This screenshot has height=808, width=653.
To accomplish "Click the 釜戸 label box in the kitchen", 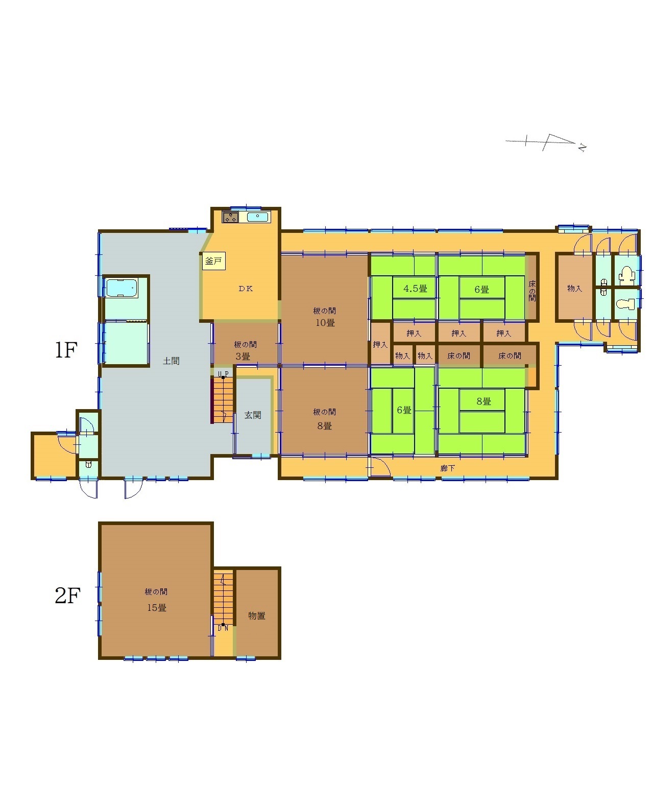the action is (x=213, y=261).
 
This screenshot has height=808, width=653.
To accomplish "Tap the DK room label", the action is (x=246, y=289).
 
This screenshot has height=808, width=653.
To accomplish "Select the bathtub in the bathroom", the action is (x=122, y=288).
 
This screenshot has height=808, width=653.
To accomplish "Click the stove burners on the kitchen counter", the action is (x=230, y=218).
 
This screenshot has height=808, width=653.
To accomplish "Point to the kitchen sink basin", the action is (x=258, y=218).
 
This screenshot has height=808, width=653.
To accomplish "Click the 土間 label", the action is (x=171, y=361).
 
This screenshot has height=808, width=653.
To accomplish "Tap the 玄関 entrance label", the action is (x=253, y=415).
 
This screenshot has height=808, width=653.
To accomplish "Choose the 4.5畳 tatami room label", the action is (x=415, y=289).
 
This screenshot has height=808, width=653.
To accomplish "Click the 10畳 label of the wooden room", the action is (x=325, y=323).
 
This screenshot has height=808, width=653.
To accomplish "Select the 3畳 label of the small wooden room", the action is (x=243, y=356).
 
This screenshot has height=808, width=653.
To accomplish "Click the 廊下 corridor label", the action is (x=447, y=468).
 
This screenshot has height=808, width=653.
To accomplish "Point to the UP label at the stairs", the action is (x=223, y=374).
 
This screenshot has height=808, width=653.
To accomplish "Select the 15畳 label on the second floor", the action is (x=157, y=608).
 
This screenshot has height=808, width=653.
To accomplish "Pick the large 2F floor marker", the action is (x=67, y=595).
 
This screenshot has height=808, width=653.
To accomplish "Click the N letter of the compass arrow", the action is (x=582, y=147).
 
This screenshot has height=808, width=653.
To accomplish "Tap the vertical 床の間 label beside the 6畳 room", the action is (x=532, y=291).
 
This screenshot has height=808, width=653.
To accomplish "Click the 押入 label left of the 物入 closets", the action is (x=380, y=344).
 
